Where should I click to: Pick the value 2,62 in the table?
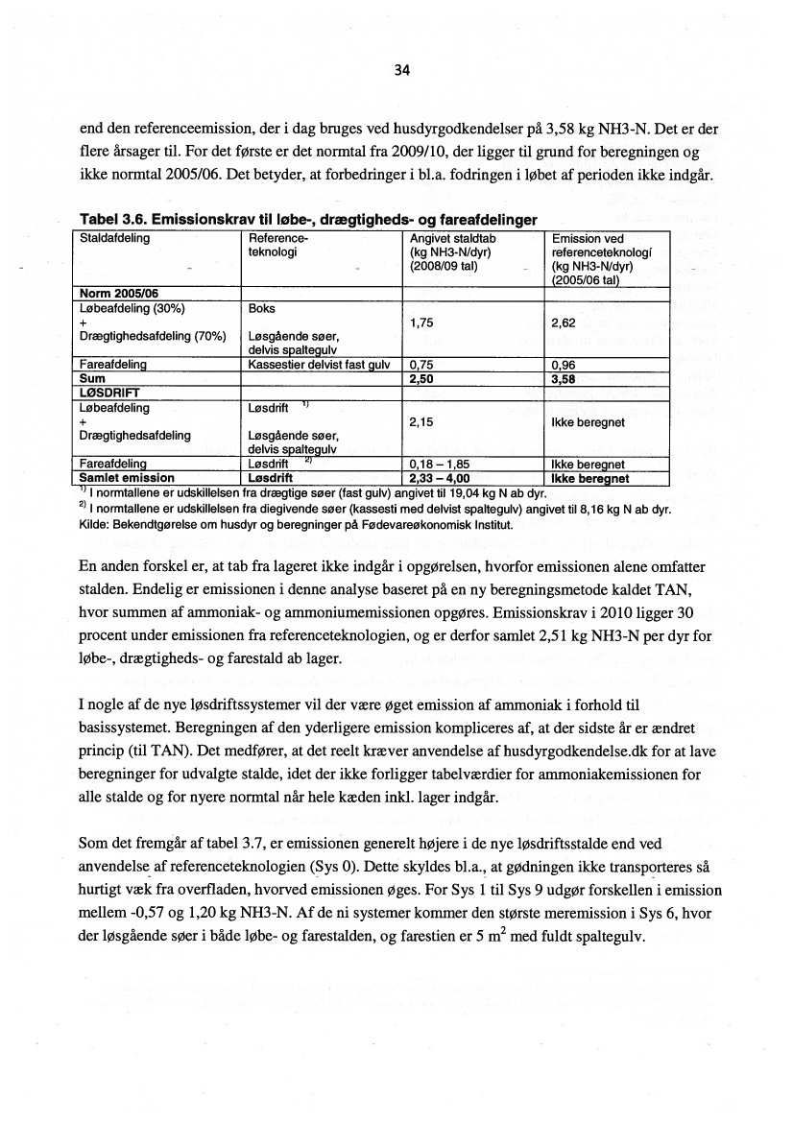point(564,323)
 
